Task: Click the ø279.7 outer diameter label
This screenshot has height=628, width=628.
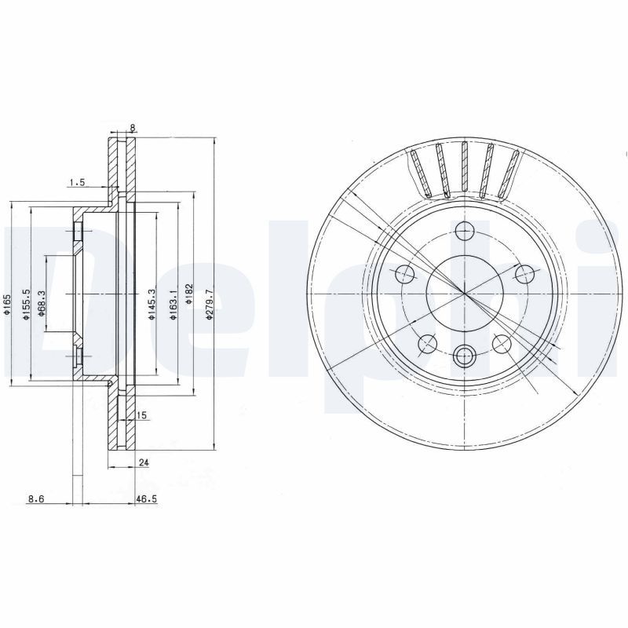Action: pos(208,302)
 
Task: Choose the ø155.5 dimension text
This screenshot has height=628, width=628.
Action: pos(25,303)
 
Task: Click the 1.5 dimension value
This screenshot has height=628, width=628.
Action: pos(77,182)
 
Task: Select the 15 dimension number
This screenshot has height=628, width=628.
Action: pos(142,414)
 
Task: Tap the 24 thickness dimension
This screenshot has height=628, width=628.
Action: pos(143,463)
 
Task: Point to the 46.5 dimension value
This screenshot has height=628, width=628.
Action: pos(145,498)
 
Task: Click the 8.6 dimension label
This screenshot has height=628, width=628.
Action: pos(35,498)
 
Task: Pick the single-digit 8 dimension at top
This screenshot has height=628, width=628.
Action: pos(133,127)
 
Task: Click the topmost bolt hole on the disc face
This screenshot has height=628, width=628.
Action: pos(465,231)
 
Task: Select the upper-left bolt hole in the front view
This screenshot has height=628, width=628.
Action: pos(406,274)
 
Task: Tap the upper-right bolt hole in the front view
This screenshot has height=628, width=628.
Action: pos(524,274)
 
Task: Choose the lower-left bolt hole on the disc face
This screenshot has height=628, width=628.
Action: pos(428,343)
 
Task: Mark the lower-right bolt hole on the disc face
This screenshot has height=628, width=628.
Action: pos(502,343)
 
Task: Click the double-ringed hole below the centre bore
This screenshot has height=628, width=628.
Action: pos(465,355)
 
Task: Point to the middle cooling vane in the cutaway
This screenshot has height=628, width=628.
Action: pos(465,169)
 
